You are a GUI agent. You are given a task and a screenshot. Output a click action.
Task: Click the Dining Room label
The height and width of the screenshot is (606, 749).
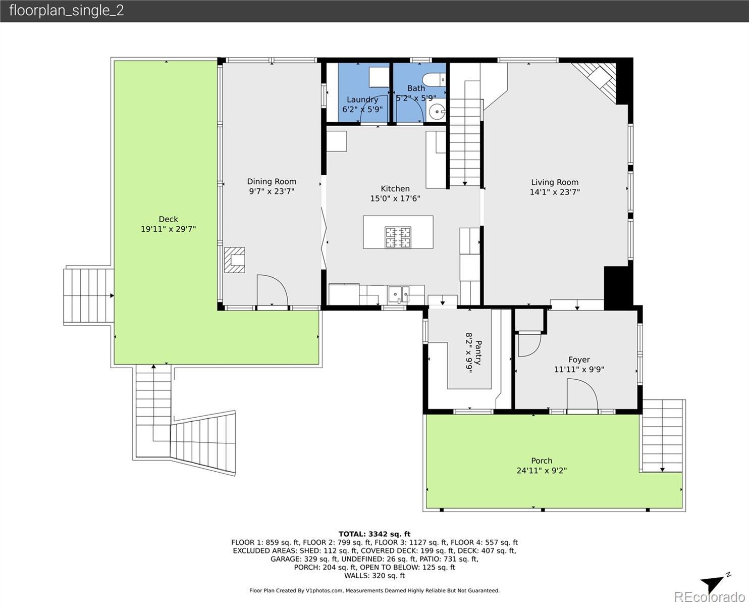pos(272,181)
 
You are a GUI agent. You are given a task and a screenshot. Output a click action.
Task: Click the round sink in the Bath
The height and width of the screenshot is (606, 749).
pos(437,112)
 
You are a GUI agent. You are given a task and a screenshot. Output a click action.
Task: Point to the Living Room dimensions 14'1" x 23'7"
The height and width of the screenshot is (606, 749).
pos(555,192)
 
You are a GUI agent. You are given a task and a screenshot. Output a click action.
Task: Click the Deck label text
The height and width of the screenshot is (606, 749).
pos(168,219)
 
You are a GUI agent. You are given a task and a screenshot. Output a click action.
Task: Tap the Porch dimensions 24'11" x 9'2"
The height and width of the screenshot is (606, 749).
pos(542,470)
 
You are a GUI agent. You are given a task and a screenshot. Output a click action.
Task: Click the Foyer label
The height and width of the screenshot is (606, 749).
pos(579,360)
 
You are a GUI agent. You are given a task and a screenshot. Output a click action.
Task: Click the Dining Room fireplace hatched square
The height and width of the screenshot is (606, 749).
pos(235,260)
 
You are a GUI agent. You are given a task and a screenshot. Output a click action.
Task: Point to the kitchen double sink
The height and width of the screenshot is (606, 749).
pos(399,294)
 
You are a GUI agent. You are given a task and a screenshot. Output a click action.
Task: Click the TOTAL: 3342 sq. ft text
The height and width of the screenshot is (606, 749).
pos(375,534)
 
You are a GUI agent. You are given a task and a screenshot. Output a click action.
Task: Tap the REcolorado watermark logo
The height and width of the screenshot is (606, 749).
pos(710,597)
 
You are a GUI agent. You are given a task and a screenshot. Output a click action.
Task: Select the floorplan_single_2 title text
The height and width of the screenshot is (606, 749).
pos(67,11)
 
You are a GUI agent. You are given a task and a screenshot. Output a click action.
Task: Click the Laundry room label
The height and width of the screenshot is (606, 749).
pos(362,99)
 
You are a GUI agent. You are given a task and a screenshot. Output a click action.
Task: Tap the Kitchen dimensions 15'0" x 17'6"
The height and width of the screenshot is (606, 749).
pos(395,198)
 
